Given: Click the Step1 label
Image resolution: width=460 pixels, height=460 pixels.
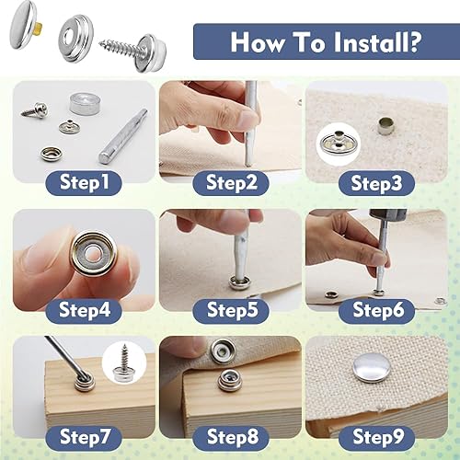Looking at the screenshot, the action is (84, 183).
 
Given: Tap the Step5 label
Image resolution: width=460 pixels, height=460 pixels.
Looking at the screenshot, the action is (231, 310).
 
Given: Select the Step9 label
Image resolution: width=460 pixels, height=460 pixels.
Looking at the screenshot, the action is (377, 437).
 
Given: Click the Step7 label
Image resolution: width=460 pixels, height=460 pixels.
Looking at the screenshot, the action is (84, 437).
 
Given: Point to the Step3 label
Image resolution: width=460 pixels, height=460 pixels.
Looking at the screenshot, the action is (377, 183).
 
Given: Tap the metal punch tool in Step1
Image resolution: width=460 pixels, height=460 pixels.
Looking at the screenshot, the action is (122, 136).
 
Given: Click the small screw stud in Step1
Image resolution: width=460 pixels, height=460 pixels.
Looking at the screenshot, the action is (34, 109).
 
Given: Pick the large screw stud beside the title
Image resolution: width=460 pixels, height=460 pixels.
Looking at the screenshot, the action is (133, 52).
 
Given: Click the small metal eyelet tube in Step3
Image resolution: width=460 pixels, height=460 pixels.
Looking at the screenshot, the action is (384, 126).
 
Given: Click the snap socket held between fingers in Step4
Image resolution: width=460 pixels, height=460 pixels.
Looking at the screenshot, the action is (94, 254).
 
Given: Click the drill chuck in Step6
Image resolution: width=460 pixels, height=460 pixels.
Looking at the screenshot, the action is (379, 217).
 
